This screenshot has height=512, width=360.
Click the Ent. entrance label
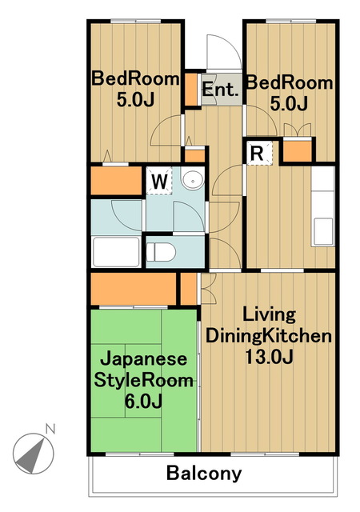coord(219,90)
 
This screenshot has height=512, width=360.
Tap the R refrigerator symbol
coord(259,152)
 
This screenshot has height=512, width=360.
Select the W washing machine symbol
coord(159,181)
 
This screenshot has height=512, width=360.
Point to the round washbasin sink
coord(192,180)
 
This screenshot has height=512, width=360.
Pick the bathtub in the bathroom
coord(116,251)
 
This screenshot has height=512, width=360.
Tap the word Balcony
coord(204,474)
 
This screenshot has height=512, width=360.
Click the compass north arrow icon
coord(32,452)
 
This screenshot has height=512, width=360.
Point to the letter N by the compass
coord(50,430)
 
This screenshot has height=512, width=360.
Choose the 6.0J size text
coord(144,400)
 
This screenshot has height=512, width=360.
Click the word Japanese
coord(144,359)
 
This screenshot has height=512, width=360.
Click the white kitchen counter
coord(322,208)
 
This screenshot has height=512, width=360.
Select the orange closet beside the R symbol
coord(297,151)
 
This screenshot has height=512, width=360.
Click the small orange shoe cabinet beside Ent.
coord(192,91)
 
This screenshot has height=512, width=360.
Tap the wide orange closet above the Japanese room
coord(133,288)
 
